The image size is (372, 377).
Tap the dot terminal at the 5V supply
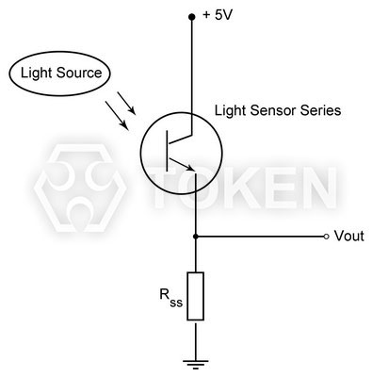194,16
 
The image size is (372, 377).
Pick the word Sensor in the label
272,111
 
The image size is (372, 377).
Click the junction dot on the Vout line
194,236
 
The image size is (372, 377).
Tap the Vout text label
348,237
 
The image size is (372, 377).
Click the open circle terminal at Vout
326,236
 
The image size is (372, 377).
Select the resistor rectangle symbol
194,295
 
